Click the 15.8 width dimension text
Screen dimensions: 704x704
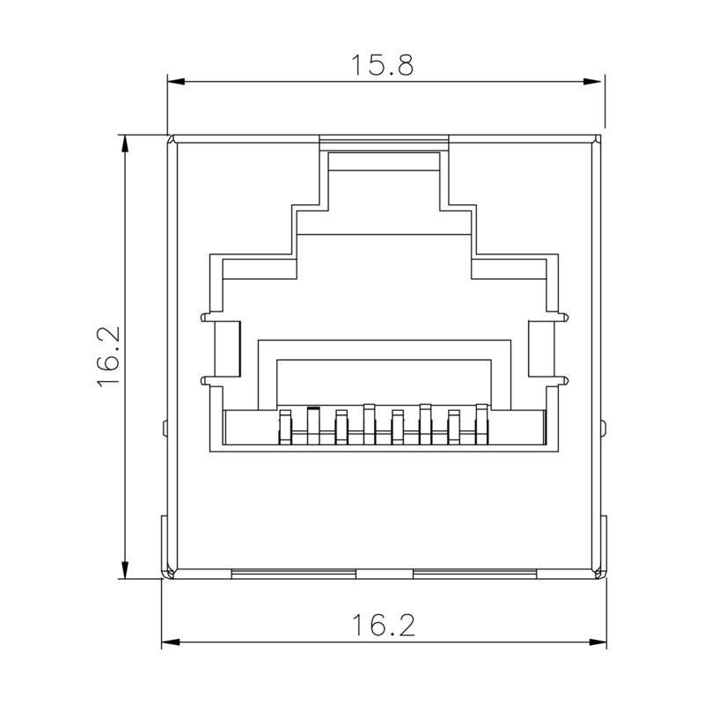[x=383, y=65]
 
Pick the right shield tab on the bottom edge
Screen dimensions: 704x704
[x=474, y=573]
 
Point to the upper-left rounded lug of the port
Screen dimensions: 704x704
[x=205, y=317]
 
